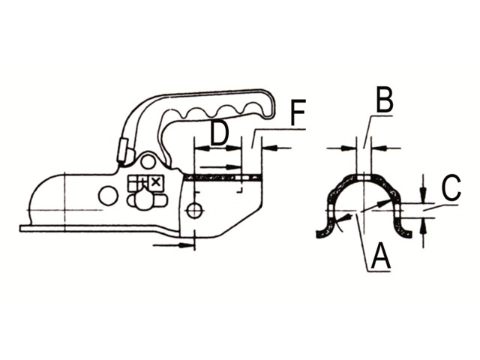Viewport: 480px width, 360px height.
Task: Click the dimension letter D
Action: (x=220, y=133)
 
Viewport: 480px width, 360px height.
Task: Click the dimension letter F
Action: (x=298, y=112)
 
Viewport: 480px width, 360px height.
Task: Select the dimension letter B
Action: (x=385, y=100)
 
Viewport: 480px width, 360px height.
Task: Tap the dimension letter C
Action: (x=451, y=187)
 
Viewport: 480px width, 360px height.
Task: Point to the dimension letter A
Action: (x=380, y=255)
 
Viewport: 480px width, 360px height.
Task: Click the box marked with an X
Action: (x=156, y=183)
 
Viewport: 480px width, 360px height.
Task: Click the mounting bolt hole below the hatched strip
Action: (x=195, y=211)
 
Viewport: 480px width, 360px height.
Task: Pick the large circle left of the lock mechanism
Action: (x=108, y=195)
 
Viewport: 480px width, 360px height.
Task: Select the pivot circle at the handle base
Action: (x=148, y=161)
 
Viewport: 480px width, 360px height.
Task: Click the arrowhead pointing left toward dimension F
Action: (x=270, y=148)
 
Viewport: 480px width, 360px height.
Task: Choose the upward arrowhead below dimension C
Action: (x=423, y=226)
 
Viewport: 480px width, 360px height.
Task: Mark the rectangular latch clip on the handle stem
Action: (x=122, y=150)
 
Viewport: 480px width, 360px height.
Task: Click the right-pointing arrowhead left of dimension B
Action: (x=349, y=148)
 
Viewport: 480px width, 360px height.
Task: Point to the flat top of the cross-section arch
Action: (x=364, y=177)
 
